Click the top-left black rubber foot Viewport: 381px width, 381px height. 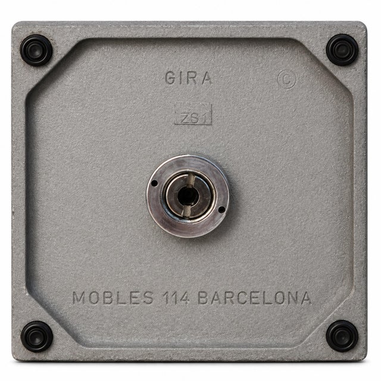tap(36, 50)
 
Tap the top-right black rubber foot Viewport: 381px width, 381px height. tap(342, 50)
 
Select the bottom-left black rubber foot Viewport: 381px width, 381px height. tap(37, 336)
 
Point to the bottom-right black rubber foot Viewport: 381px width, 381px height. tap(342, 336)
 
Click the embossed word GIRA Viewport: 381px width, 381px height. tap(188, 78)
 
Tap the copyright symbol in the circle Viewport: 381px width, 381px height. tap(287, 79)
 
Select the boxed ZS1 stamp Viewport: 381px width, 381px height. tap(193, 114)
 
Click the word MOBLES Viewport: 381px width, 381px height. tap(113, 298)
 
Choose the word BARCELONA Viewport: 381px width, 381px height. tap(255, 298)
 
